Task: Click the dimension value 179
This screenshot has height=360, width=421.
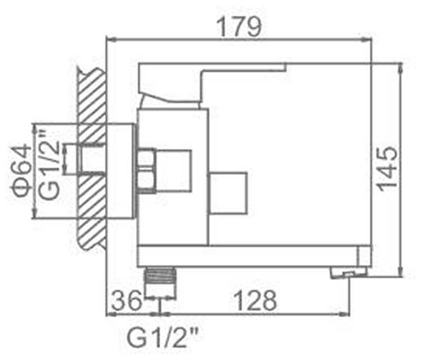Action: [x=238, y=26]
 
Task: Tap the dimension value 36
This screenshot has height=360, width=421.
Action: [x=127, y=301]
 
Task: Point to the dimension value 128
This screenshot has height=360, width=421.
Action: [x=255, y=301]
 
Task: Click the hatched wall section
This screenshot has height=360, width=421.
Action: [x=91, y=159]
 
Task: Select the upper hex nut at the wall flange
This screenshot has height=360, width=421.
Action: [x=145, y=158]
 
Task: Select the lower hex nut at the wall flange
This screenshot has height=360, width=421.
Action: [x=145, y=180]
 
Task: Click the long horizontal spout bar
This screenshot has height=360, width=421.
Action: [x=252, y=256]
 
